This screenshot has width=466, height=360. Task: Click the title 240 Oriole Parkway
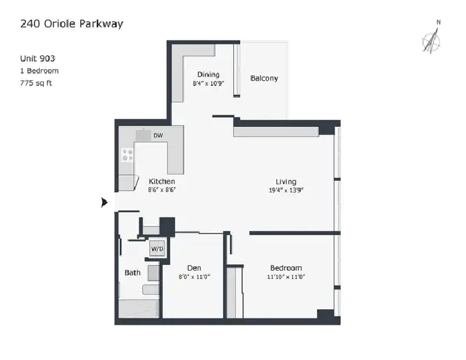point(72,24)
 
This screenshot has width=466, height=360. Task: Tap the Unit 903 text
point(38,59)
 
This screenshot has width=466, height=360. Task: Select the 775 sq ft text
point(36,83)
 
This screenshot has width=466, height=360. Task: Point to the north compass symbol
point(432,38)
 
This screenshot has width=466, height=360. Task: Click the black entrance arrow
point(104,202)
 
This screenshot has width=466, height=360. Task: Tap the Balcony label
point(264,78)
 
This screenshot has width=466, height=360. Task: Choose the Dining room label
point(208,74)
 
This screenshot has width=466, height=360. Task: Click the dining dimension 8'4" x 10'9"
point(208,83)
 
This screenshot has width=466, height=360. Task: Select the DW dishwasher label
point(158,135)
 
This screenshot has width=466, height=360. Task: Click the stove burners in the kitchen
point(128,155)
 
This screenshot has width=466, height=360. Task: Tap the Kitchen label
point(161,182)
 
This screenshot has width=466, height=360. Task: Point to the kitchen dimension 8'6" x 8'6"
point(162,189)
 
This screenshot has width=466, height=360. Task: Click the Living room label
point(286,182)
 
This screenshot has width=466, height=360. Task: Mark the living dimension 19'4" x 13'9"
point(286,190)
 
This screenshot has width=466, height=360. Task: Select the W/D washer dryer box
point(158,249)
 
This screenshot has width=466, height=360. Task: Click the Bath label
point(133,273)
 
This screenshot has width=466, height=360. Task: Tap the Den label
point(194,268)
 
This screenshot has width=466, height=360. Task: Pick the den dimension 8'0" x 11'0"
point(195,277)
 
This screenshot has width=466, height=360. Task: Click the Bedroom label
point(286,268)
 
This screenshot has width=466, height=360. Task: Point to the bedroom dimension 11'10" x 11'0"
point(286,277)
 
